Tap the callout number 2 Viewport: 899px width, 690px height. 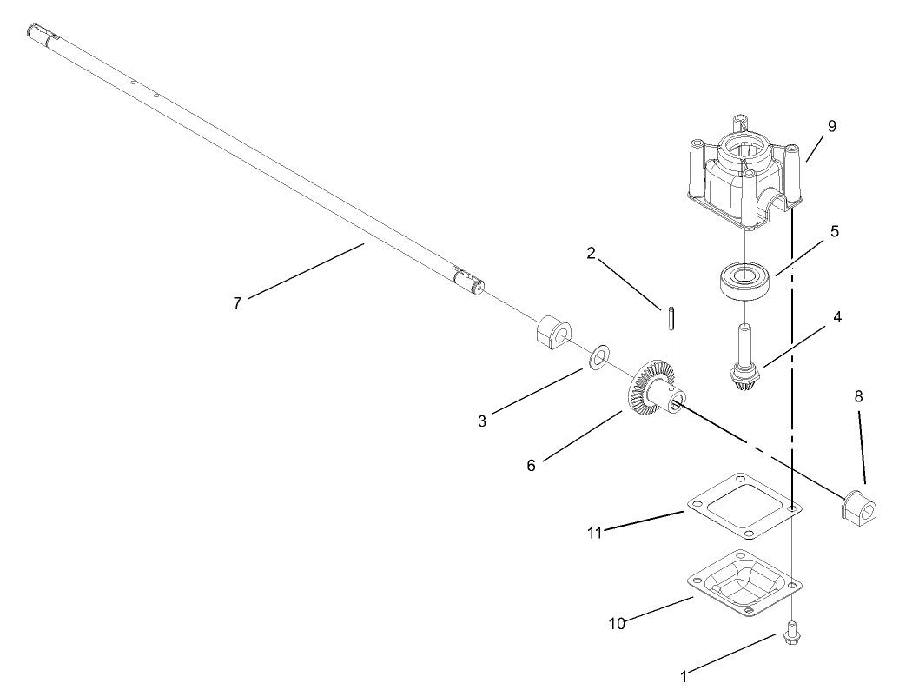tap(592, 254)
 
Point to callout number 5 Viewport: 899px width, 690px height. tap(833, 232)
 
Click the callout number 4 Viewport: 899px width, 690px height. tap(837, 317)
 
